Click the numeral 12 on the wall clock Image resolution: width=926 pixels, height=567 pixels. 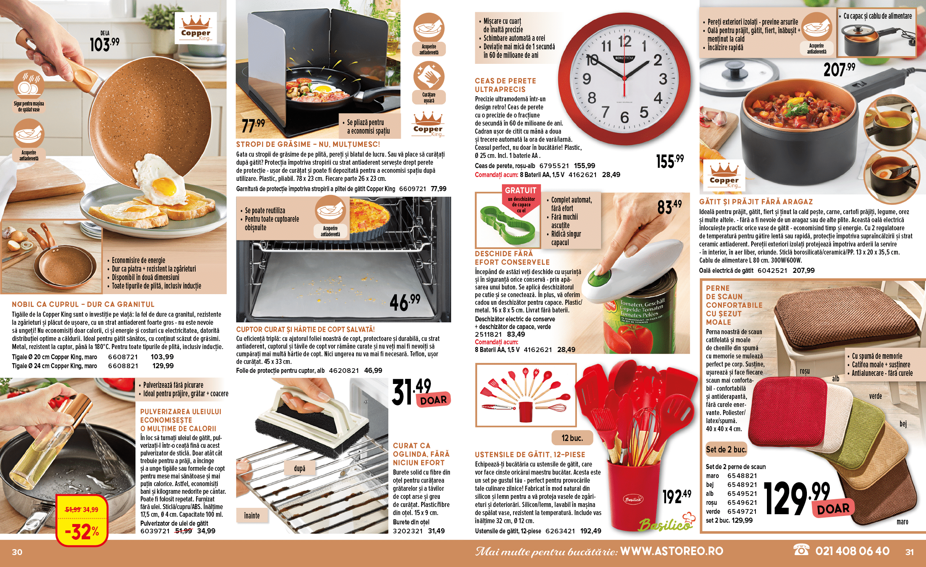click(624, 41)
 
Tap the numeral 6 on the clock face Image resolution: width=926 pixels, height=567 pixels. click(624, 117)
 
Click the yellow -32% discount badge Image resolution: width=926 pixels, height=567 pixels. click(82, 521)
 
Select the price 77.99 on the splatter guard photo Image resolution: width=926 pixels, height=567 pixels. click(253, 125)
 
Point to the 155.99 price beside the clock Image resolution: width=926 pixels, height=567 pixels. click(670, 161)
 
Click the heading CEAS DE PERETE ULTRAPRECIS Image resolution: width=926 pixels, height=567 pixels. click(505, 85)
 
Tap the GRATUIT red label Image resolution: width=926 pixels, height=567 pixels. click(521, 190)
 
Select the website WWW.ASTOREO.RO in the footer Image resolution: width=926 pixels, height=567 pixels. click(672, 551)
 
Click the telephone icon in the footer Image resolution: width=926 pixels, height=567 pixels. click(801, 550)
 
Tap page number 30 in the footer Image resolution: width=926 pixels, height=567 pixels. click(17, 552)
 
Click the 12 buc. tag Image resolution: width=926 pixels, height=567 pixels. click(572, 438)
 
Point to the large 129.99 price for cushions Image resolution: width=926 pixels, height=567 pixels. click(796, 498)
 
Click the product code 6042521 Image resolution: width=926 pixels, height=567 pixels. click(772, 270)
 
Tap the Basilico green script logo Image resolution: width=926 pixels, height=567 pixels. click(666, 523)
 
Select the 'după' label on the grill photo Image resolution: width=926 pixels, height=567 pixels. click(299, 468)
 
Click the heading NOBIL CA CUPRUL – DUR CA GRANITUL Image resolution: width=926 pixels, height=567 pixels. click(83, 304)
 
